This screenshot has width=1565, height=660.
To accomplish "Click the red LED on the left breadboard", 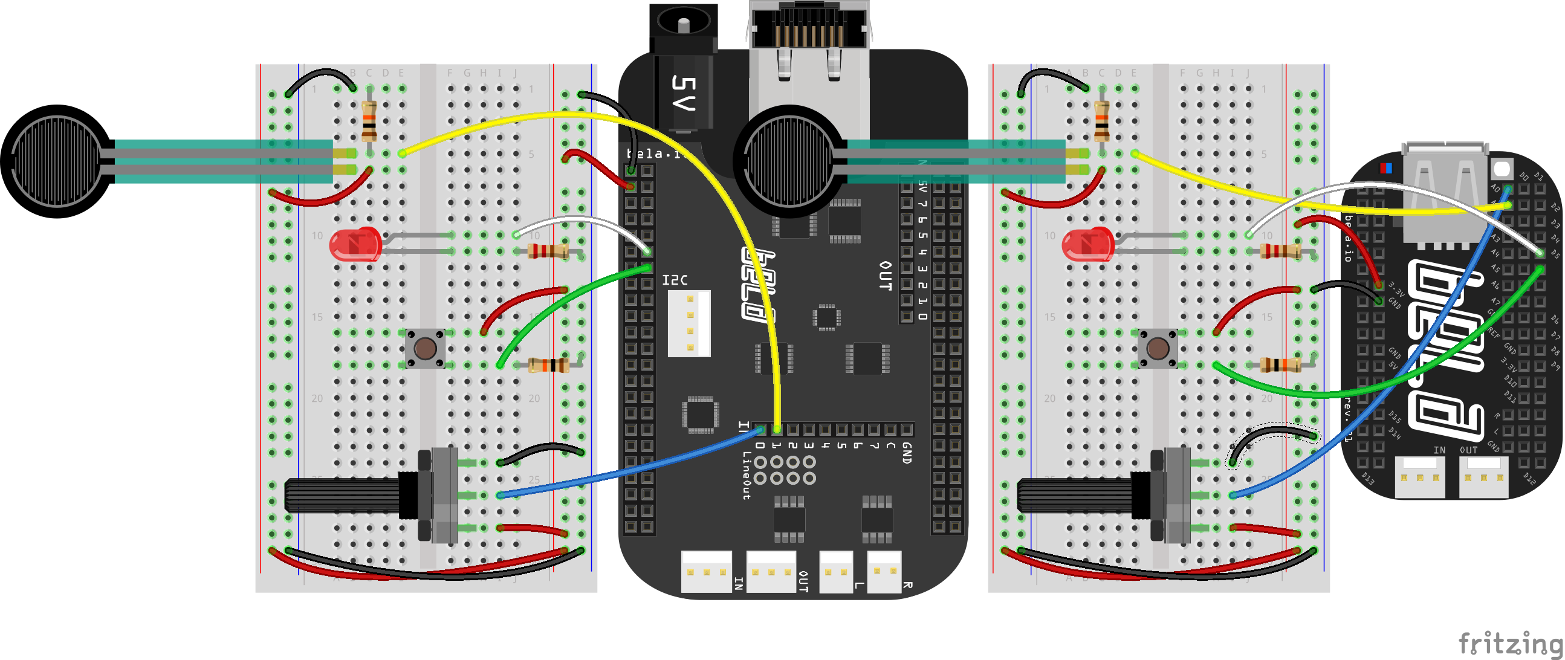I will point(355,244).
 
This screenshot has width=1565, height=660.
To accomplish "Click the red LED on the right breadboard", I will point(1087,244).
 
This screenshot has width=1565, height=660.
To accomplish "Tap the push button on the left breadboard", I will point(425,349).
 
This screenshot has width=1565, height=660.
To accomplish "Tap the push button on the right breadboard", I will point(1158,349).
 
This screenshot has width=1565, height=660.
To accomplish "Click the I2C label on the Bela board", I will point(675,280).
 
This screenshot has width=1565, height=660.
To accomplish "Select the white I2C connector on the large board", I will point(689,323).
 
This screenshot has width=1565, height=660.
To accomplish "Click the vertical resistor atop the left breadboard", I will point(369,120).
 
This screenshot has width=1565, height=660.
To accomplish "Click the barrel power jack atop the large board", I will point(684,27).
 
